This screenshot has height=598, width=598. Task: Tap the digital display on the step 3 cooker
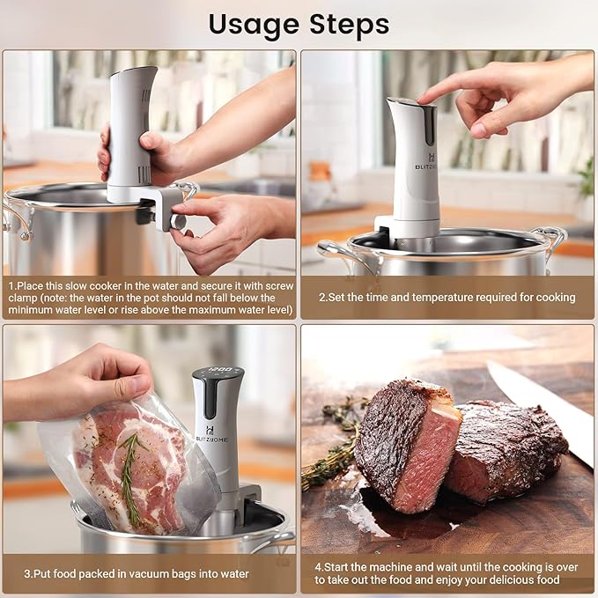click(218, 372)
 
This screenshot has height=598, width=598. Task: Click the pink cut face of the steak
click(430, 462)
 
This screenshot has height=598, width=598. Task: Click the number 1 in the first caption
click(11, 286)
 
